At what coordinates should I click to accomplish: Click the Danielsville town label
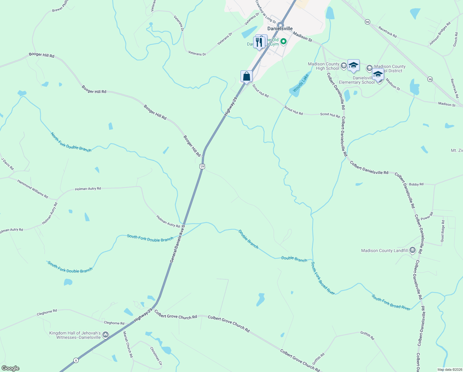point(280,29)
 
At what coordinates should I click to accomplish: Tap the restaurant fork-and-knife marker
point(259,42)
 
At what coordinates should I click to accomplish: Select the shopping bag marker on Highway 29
point(246,76)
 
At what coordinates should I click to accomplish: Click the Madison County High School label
point(323,66)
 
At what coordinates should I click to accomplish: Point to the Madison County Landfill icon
point(412,250)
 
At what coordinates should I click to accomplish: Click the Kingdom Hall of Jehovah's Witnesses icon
point(106,334)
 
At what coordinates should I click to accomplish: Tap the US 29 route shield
point(202,166)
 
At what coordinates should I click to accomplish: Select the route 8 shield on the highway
point(76,360)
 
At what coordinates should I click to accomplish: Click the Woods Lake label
point(301,83)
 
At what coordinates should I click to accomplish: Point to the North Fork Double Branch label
point(71,142)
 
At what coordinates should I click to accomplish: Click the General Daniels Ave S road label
point(177,244)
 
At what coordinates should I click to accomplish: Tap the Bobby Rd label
point(416,184)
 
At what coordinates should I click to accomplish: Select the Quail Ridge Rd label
point(443,231)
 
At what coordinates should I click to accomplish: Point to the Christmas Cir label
point(156,356)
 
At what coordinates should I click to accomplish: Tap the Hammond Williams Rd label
point(32,189)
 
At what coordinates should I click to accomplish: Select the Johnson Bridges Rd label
point(439,34)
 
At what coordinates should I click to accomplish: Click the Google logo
point(11,368)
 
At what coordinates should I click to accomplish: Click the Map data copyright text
point(449,370)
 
